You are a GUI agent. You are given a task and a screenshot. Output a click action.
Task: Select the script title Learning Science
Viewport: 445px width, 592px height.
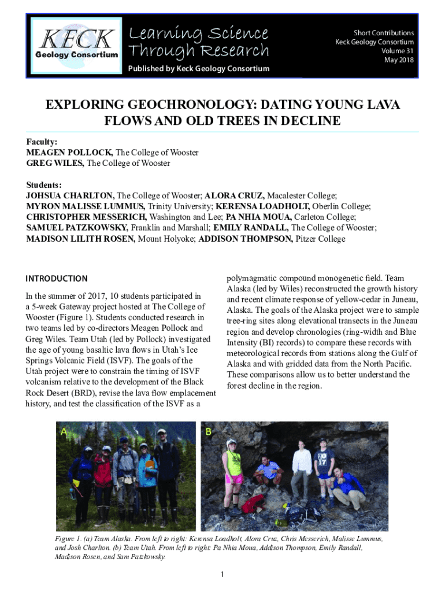click(198, 33)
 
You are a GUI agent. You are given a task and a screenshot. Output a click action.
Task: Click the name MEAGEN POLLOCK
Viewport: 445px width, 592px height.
click(69, 153)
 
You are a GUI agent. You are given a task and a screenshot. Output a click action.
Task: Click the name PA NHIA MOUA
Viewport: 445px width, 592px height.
click(255, 217)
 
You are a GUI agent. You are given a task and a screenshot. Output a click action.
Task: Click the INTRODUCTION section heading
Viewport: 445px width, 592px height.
click(57, 279)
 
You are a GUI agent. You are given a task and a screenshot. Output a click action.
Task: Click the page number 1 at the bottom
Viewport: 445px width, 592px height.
click(222, 574)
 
